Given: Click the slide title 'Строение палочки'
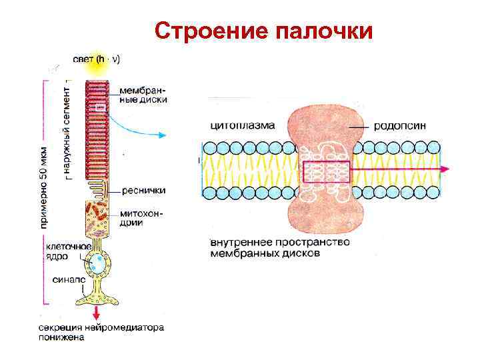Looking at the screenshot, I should (x=263, y=31).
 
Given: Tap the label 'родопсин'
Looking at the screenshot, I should (x=400, y=125).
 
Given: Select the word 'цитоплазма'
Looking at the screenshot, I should (x=239, y=125).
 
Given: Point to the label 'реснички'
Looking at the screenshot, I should (x=143, y=190).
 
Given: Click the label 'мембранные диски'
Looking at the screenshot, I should (x=143, y=94).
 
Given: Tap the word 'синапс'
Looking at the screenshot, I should (x=69, y=281).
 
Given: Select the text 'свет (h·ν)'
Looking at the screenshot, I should (x=97, y=59).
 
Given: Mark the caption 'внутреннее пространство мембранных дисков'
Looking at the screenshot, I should (x=279, y=248).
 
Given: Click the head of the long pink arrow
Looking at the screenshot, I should (x=443, y=170).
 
